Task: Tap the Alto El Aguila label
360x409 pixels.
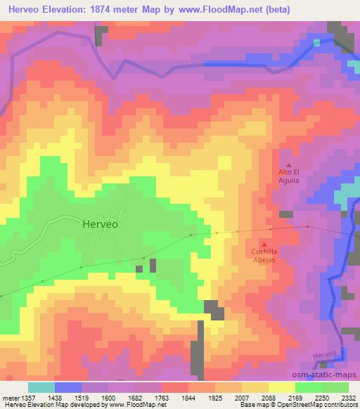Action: tap(289, 176)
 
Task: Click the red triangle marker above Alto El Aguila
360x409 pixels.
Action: tap(289, 165)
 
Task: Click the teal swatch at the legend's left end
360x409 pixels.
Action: tap(41, 387)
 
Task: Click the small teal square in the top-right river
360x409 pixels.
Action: tap(317, 42)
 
